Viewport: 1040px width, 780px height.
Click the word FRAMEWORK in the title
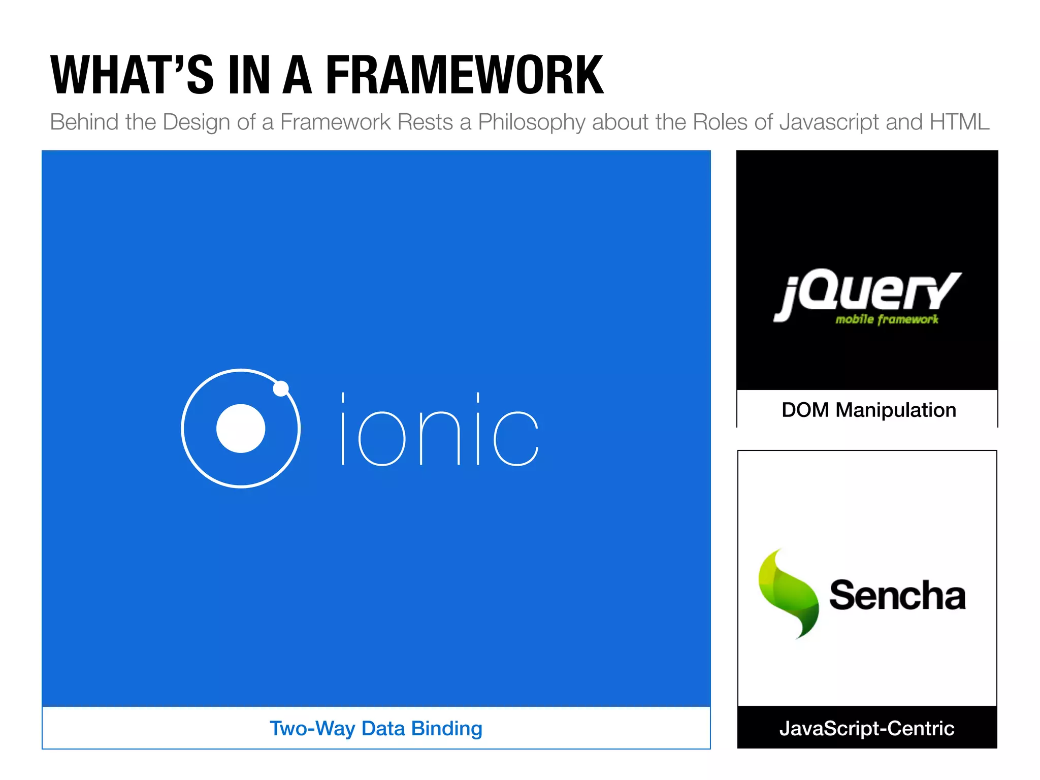coord(464,75)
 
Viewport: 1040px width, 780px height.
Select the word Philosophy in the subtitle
coord(532,122)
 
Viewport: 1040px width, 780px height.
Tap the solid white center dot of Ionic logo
coord(241,428)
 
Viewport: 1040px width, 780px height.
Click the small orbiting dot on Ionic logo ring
coord(281,388)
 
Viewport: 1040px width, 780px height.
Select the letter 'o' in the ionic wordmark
coord(382,438)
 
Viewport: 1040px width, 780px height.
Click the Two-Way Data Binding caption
coord(376,728)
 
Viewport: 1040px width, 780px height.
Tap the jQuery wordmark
coord(867,294)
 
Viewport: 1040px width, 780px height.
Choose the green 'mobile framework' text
coord(887,319)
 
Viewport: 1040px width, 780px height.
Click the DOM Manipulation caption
coord(868,410)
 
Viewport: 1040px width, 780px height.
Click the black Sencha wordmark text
coord(897,595)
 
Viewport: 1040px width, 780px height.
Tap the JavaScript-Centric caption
coord(867,728)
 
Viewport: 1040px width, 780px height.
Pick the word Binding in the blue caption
coord(446,729)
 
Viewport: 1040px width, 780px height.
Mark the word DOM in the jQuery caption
coord(805,410)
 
